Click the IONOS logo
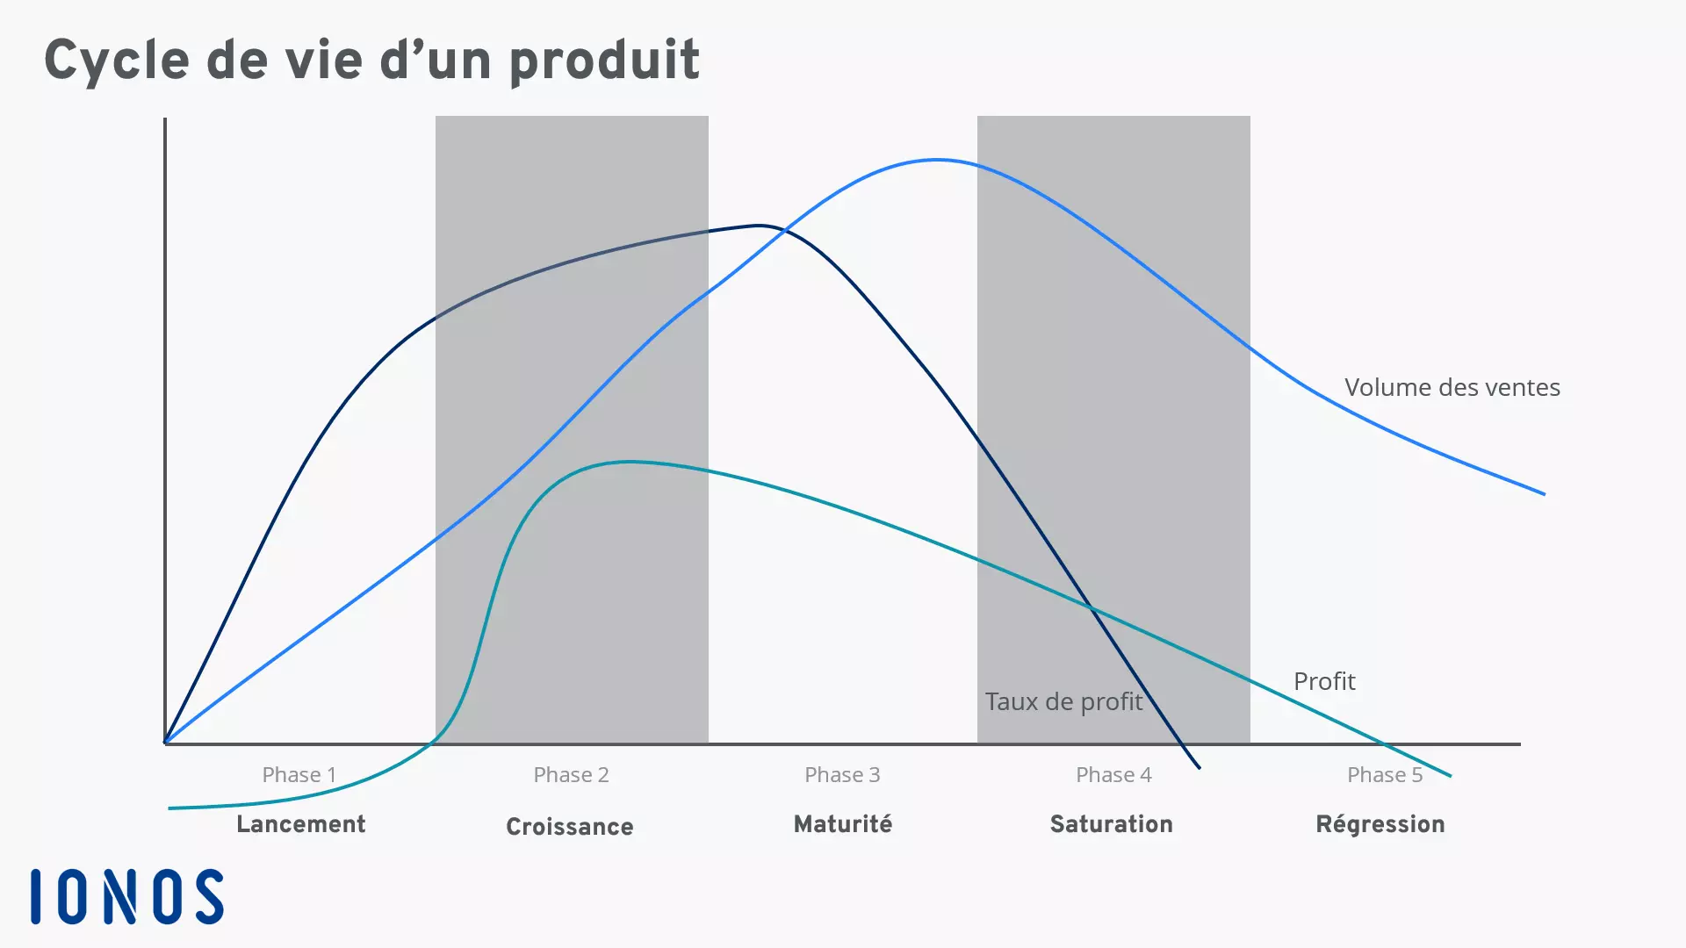point(127,896)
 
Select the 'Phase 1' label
point(299,775)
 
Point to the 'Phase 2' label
point(571,775)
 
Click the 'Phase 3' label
point(842,775)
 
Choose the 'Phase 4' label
point(1113,775)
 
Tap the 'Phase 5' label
point(1385,775)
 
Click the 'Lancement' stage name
point(300,824)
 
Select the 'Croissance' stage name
point(570,827)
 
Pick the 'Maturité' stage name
point(843,824)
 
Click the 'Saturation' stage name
point(1112,824)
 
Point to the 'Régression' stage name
point(1380,824)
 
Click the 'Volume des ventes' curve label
point(1452,387)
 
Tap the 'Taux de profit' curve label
point(1063,701)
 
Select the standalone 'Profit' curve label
point(1324,681)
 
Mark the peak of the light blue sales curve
point(938,160)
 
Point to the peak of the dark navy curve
point(760,226)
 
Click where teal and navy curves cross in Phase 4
point(1090,607)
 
